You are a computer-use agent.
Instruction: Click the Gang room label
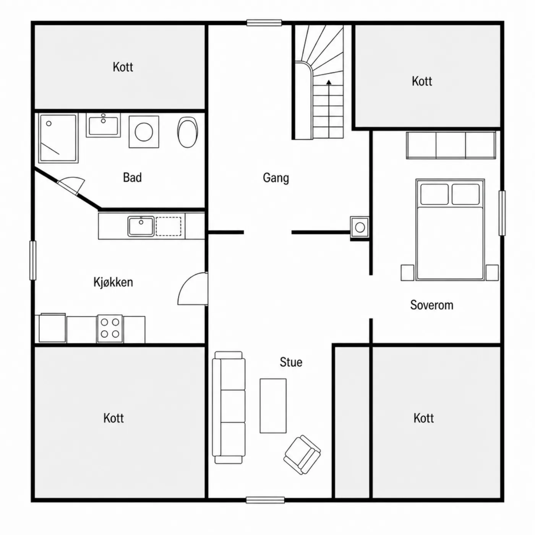coord(276,178)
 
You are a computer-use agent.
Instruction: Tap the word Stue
coord(291,362)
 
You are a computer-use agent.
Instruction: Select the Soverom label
coord(432,305)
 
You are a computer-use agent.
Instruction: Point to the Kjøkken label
coord(113,282)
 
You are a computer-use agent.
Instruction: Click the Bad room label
coord(133,177)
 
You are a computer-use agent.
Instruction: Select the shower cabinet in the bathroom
coord(58,138)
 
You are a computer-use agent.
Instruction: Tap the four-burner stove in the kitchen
coord(110,328)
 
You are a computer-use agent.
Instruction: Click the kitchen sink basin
coord(141,226)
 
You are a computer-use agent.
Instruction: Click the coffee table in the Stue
coord(273,405)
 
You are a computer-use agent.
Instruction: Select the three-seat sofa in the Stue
coord(229,407)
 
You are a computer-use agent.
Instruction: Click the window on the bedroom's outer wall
coord(502,213)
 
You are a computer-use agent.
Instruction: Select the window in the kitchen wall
coord(33,260)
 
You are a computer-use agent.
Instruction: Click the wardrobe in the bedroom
coord(451,145)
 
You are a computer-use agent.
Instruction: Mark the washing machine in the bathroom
coord(144,132)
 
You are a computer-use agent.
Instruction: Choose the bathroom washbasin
coord(103,125)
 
